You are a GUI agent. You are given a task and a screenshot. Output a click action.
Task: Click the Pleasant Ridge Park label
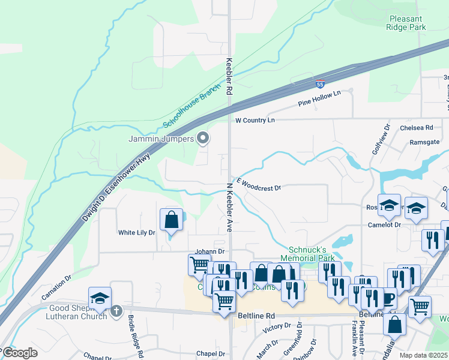(407, 23)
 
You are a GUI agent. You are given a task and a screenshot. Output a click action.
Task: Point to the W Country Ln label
(255, 121)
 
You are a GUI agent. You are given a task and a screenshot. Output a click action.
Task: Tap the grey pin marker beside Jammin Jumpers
(203, 139)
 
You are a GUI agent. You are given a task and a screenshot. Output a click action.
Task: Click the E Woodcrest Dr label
(259, 184)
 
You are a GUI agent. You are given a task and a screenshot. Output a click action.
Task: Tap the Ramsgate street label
(424, 142)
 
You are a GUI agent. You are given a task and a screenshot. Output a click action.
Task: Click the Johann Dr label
(209, 252)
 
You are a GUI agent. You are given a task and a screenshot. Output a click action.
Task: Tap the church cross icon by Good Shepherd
(116, 311)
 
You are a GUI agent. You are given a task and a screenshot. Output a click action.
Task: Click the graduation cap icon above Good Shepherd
(100, 298)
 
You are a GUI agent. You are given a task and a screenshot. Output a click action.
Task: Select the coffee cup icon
(387, 298)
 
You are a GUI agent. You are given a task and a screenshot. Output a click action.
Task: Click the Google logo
(20, 353)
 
